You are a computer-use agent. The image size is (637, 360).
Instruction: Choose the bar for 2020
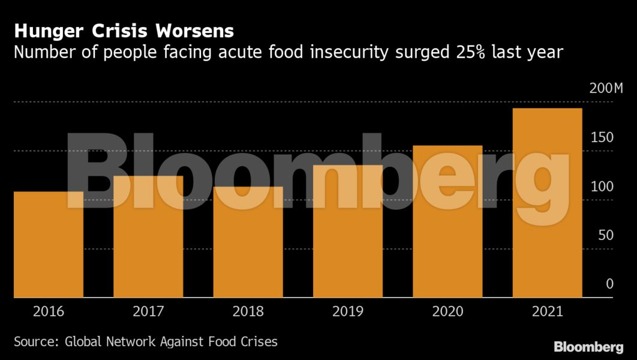tap(447, 221)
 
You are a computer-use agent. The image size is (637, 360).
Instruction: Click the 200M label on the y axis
tap(606, 89)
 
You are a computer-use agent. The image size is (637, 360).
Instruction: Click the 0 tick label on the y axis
tap(609, 284)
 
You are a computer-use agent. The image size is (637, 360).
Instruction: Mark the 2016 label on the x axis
tap(49, 311)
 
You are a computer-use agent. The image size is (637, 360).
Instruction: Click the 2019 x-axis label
tap(348, 311)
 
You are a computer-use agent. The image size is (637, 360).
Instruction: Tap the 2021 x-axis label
tap(547, 311)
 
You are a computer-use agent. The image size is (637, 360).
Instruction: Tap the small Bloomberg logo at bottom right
tap(588, 347)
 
